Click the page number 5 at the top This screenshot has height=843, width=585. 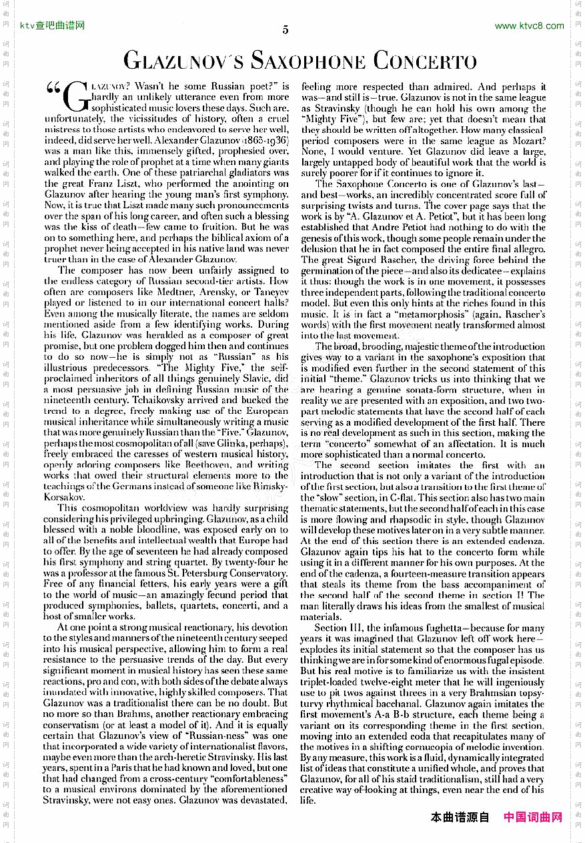coord(285,29)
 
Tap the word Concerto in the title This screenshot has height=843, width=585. coord(424,61)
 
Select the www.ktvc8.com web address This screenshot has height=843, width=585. coord(529,26)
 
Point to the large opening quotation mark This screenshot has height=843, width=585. coord(53,90)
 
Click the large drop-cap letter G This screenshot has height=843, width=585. coord(77,97)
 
